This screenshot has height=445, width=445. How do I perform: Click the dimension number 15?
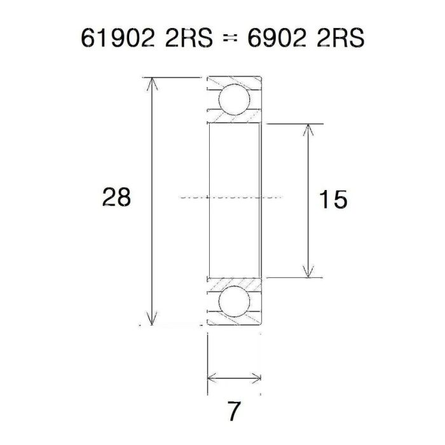[x=333, y=200]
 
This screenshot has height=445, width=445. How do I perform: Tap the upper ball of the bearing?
[x=233, y=100]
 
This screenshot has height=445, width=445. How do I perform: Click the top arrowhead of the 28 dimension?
[x=151, y=83]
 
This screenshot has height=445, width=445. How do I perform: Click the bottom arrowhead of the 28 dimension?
[x=151, y=320]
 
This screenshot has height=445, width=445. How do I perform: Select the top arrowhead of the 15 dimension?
[x=309, y=129]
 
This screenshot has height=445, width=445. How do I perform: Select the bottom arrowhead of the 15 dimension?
[x=309, y=273]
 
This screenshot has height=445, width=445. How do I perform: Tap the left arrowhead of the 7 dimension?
[x=212, y=378]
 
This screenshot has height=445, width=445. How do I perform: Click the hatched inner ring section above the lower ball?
[x=233, y=283]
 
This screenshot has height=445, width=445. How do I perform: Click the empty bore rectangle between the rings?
[x=233, y=165]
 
